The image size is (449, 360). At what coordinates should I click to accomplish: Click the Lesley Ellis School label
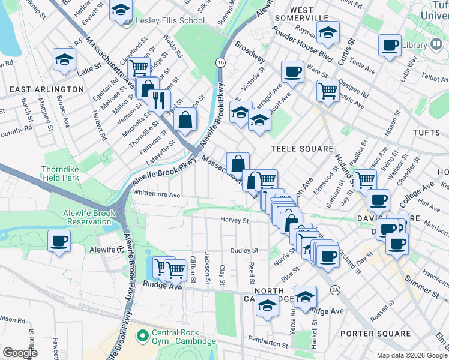point(171,20)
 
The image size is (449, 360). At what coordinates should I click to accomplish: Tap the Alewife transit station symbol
point(121,249)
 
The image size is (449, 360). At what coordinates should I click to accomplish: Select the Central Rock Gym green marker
point(142,335)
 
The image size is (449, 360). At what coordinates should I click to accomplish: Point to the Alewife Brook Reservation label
point(88,217)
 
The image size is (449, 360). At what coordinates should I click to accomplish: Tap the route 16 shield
point(221,62)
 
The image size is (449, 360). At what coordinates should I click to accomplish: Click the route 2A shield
point(335,290)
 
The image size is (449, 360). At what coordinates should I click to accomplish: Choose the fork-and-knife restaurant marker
point(159,99)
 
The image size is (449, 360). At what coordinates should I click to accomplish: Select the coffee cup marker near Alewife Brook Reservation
point(59,241)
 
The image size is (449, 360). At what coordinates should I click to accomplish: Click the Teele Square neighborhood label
point(301,149)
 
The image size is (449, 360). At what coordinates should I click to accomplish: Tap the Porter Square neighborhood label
point(366,333)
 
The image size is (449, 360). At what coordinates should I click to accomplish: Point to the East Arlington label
point(46,89)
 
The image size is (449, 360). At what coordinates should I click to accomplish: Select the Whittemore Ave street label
point(157,195)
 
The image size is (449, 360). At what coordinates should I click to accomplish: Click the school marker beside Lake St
point(64,59)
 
